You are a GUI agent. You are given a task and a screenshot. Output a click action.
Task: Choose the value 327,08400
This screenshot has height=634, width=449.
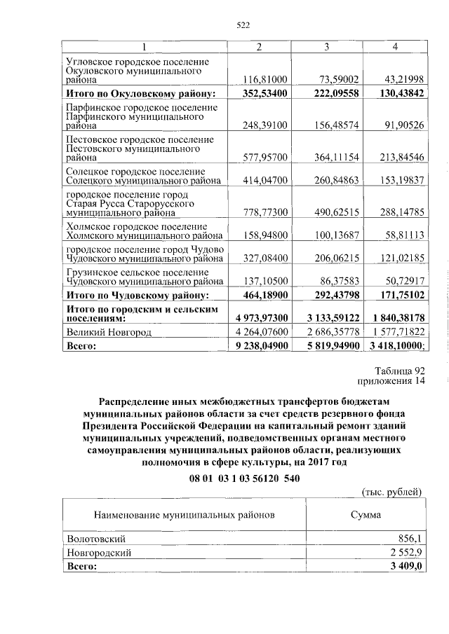pyautogui.click(x=264, y=258)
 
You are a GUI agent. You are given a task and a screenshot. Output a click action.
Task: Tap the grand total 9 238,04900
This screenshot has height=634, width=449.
pyautogui.click(x=258, y=345)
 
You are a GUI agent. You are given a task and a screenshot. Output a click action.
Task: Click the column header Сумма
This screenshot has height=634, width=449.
pyautogui.click(x=366, y=515)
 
